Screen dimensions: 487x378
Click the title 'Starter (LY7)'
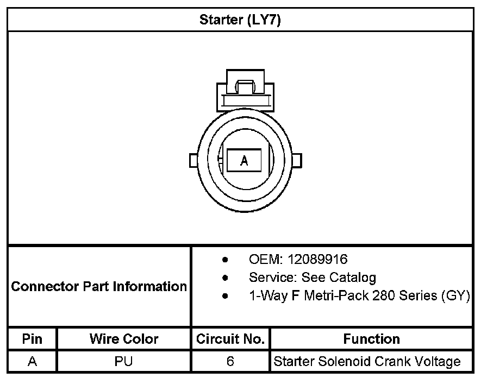coord(240,20)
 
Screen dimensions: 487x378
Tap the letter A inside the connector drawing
coord(244,161)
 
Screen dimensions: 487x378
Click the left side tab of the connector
coord(193,160)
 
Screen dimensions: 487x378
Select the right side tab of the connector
coord(297,160)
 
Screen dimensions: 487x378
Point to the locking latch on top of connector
coord(245,90)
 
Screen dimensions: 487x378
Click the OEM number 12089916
coord(317,260)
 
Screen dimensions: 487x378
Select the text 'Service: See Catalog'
coord(313,278)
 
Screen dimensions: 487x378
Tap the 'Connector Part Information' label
coord(99,286)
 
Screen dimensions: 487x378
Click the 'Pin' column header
coord(32,339)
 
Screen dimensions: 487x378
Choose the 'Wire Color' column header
coord(124,339)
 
